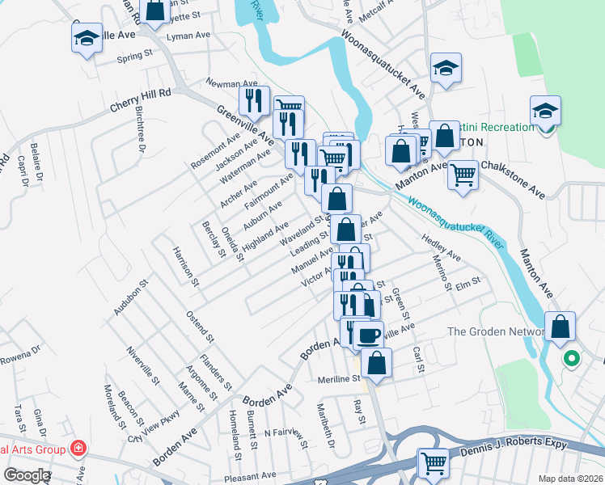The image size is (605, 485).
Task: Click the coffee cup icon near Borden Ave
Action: pos(368,333)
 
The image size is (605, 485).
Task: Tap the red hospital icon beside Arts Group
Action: pos(78,447)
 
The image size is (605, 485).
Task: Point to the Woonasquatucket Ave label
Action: pos(383,61)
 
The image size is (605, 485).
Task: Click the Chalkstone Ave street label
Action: pos(513,177)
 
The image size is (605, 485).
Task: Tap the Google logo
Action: pos(27,475)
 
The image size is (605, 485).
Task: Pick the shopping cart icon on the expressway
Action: pos(434,463)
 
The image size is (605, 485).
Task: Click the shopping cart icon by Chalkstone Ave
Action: pos(463,173)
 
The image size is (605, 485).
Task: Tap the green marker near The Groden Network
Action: pos(572,358)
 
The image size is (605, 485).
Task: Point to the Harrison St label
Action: pos(184,265)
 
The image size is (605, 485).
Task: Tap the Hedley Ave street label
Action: pos(440,248)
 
